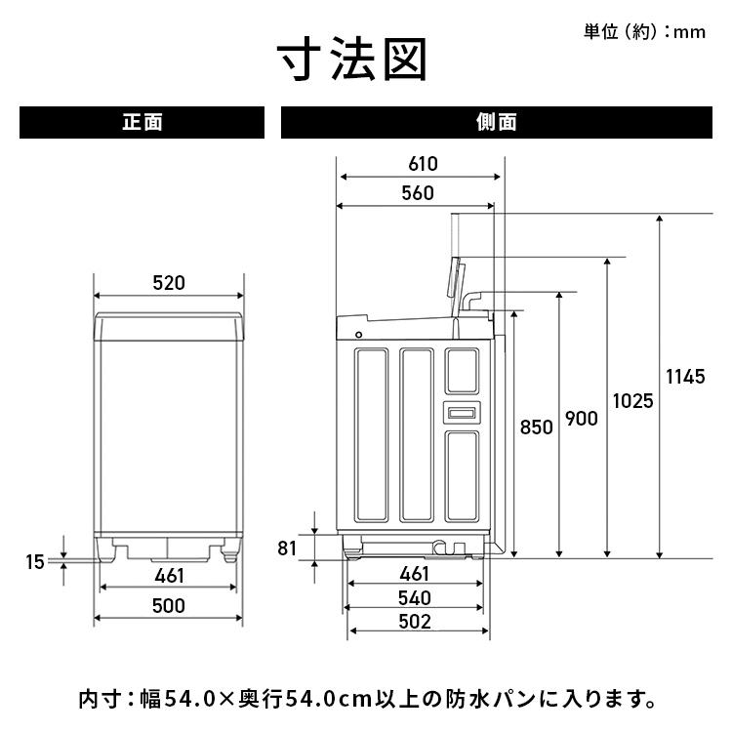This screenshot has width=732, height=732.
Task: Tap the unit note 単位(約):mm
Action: pyautogui.click(x=644, y=32)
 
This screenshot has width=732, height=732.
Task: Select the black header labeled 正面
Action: pyautogui.click(x=142, y=123)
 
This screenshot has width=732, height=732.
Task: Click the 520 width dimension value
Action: pyautogui.click(x=169, y=284)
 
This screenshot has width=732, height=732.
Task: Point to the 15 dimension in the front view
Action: pyautogui.click(x=35, y=561)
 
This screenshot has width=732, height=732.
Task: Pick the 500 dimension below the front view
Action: pyautogui.click(x=169, y=606)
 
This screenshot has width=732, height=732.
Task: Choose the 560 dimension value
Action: pyautogui.click(x=417, y=193)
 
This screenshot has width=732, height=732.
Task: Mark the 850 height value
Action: pyautogui.click(x=536, y=427)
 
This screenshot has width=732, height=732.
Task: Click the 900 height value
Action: pyautogui.click(x=581, y=419)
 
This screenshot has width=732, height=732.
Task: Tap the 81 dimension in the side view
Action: pyautogui.click(x=286, y=548)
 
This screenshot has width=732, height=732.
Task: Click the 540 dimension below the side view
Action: pyautogui.click(x=415, y=597)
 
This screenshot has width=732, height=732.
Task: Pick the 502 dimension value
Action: pyautogui.click(x=415, y=622)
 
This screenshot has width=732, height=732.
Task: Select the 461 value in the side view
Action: pyautogui.click(x=415, y=573)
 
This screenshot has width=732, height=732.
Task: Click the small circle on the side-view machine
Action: pyautogui.click(x=358, y=335)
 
